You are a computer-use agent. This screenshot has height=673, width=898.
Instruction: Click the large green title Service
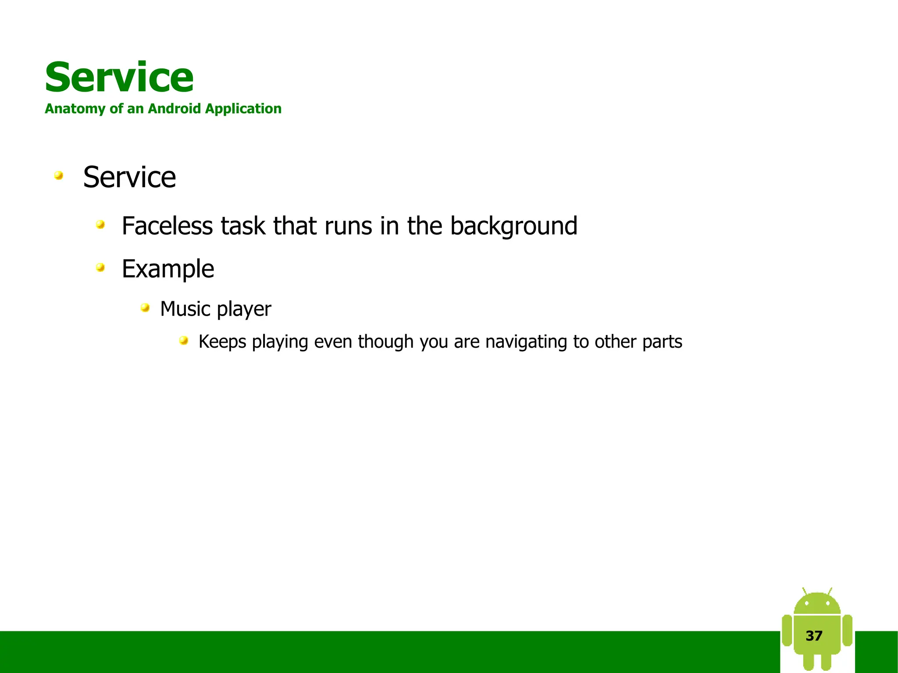pyautogui.click(x=119, y=78)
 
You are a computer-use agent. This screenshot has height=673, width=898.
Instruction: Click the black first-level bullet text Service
pyautogui.click(x=129, y=177)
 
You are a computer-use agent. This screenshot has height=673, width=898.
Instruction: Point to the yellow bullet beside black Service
pyautogui.click(x=58, y=176)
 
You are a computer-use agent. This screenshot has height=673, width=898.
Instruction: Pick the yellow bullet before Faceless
pyautogui.click(x=100, y=225)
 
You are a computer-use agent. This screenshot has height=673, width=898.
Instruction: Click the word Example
pyautogui.click(x=168, y=269)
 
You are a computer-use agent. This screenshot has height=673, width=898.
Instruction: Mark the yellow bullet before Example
pyautogui.click(x=100, y=267)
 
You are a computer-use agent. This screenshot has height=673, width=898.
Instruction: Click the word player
pyautogui.click(x=244, y=310)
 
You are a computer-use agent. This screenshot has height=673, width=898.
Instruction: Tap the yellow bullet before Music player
pyautogui.click(x=145, y=308)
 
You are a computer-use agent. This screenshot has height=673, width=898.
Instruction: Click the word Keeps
pyautogui.click(x=222, y=342)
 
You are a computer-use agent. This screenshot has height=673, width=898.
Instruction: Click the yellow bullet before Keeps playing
pyautogui.click(x=184, y=340)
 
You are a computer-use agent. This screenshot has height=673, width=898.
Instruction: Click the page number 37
pyautogui.click(x=814, y=636)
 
